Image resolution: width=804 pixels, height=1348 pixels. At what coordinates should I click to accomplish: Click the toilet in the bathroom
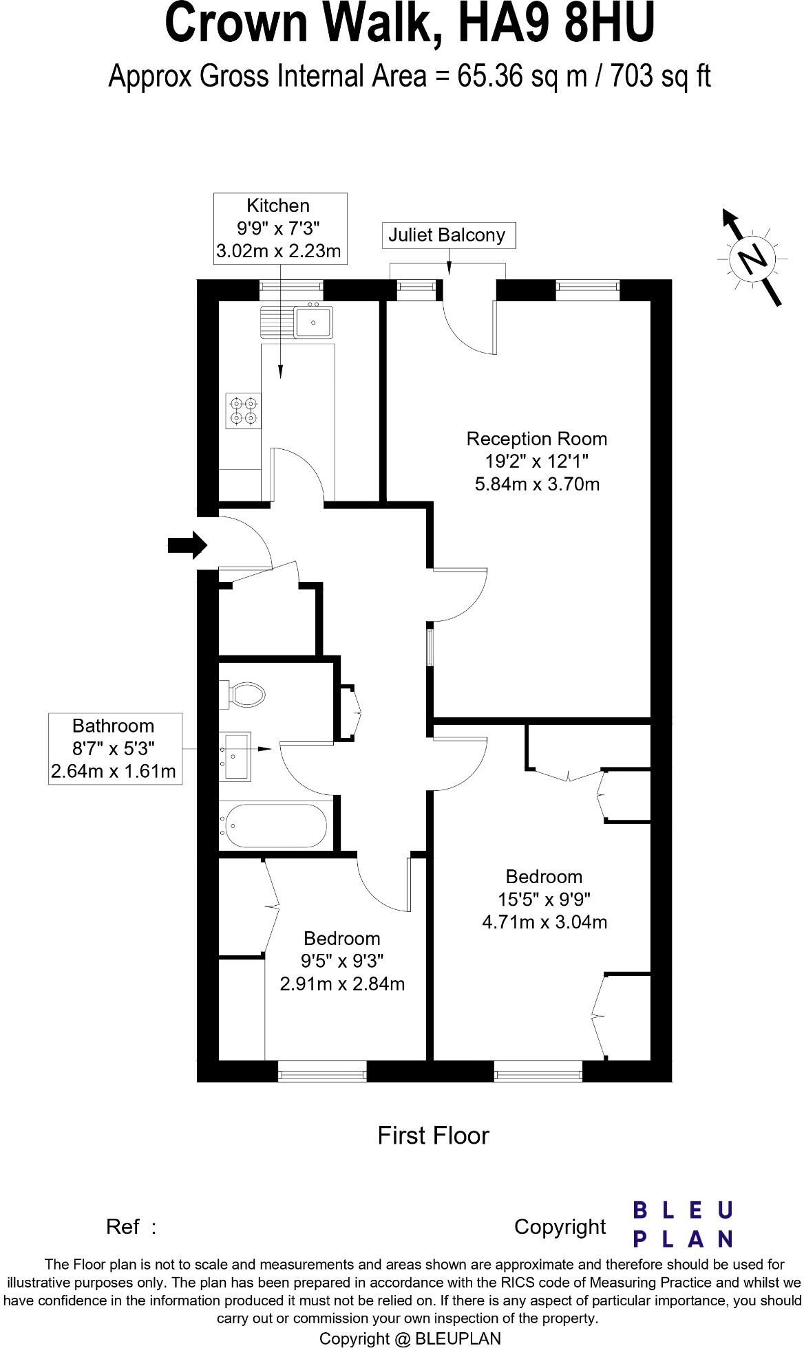coord(244,695)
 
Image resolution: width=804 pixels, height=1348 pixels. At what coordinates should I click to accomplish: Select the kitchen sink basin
coord(314,322)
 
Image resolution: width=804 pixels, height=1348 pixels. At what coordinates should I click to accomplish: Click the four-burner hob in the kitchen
coord(244,411)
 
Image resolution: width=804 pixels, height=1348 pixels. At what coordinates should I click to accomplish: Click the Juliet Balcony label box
coord(448,235)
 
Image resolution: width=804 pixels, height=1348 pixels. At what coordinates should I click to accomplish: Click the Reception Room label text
coord(537,439)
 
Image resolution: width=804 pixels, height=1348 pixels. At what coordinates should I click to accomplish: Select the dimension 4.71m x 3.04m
coord(544,922)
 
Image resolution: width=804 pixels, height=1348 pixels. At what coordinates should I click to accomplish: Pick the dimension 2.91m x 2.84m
coord(341,983)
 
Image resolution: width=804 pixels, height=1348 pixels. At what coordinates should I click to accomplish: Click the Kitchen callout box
coord(279,228)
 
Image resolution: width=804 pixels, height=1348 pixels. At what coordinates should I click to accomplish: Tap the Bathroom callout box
coord(114,748)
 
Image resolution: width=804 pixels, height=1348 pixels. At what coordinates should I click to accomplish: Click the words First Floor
coord(433,1135)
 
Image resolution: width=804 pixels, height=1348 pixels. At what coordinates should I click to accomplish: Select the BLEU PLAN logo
coord(682,1224)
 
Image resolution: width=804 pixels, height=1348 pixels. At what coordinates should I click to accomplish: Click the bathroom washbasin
coord(236,757)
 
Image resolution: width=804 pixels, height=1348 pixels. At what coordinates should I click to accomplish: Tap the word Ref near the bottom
coord(123,1227)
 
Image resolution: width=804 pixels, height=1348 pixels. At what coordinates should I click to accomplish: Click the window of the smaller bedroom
coord(321,1071)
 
